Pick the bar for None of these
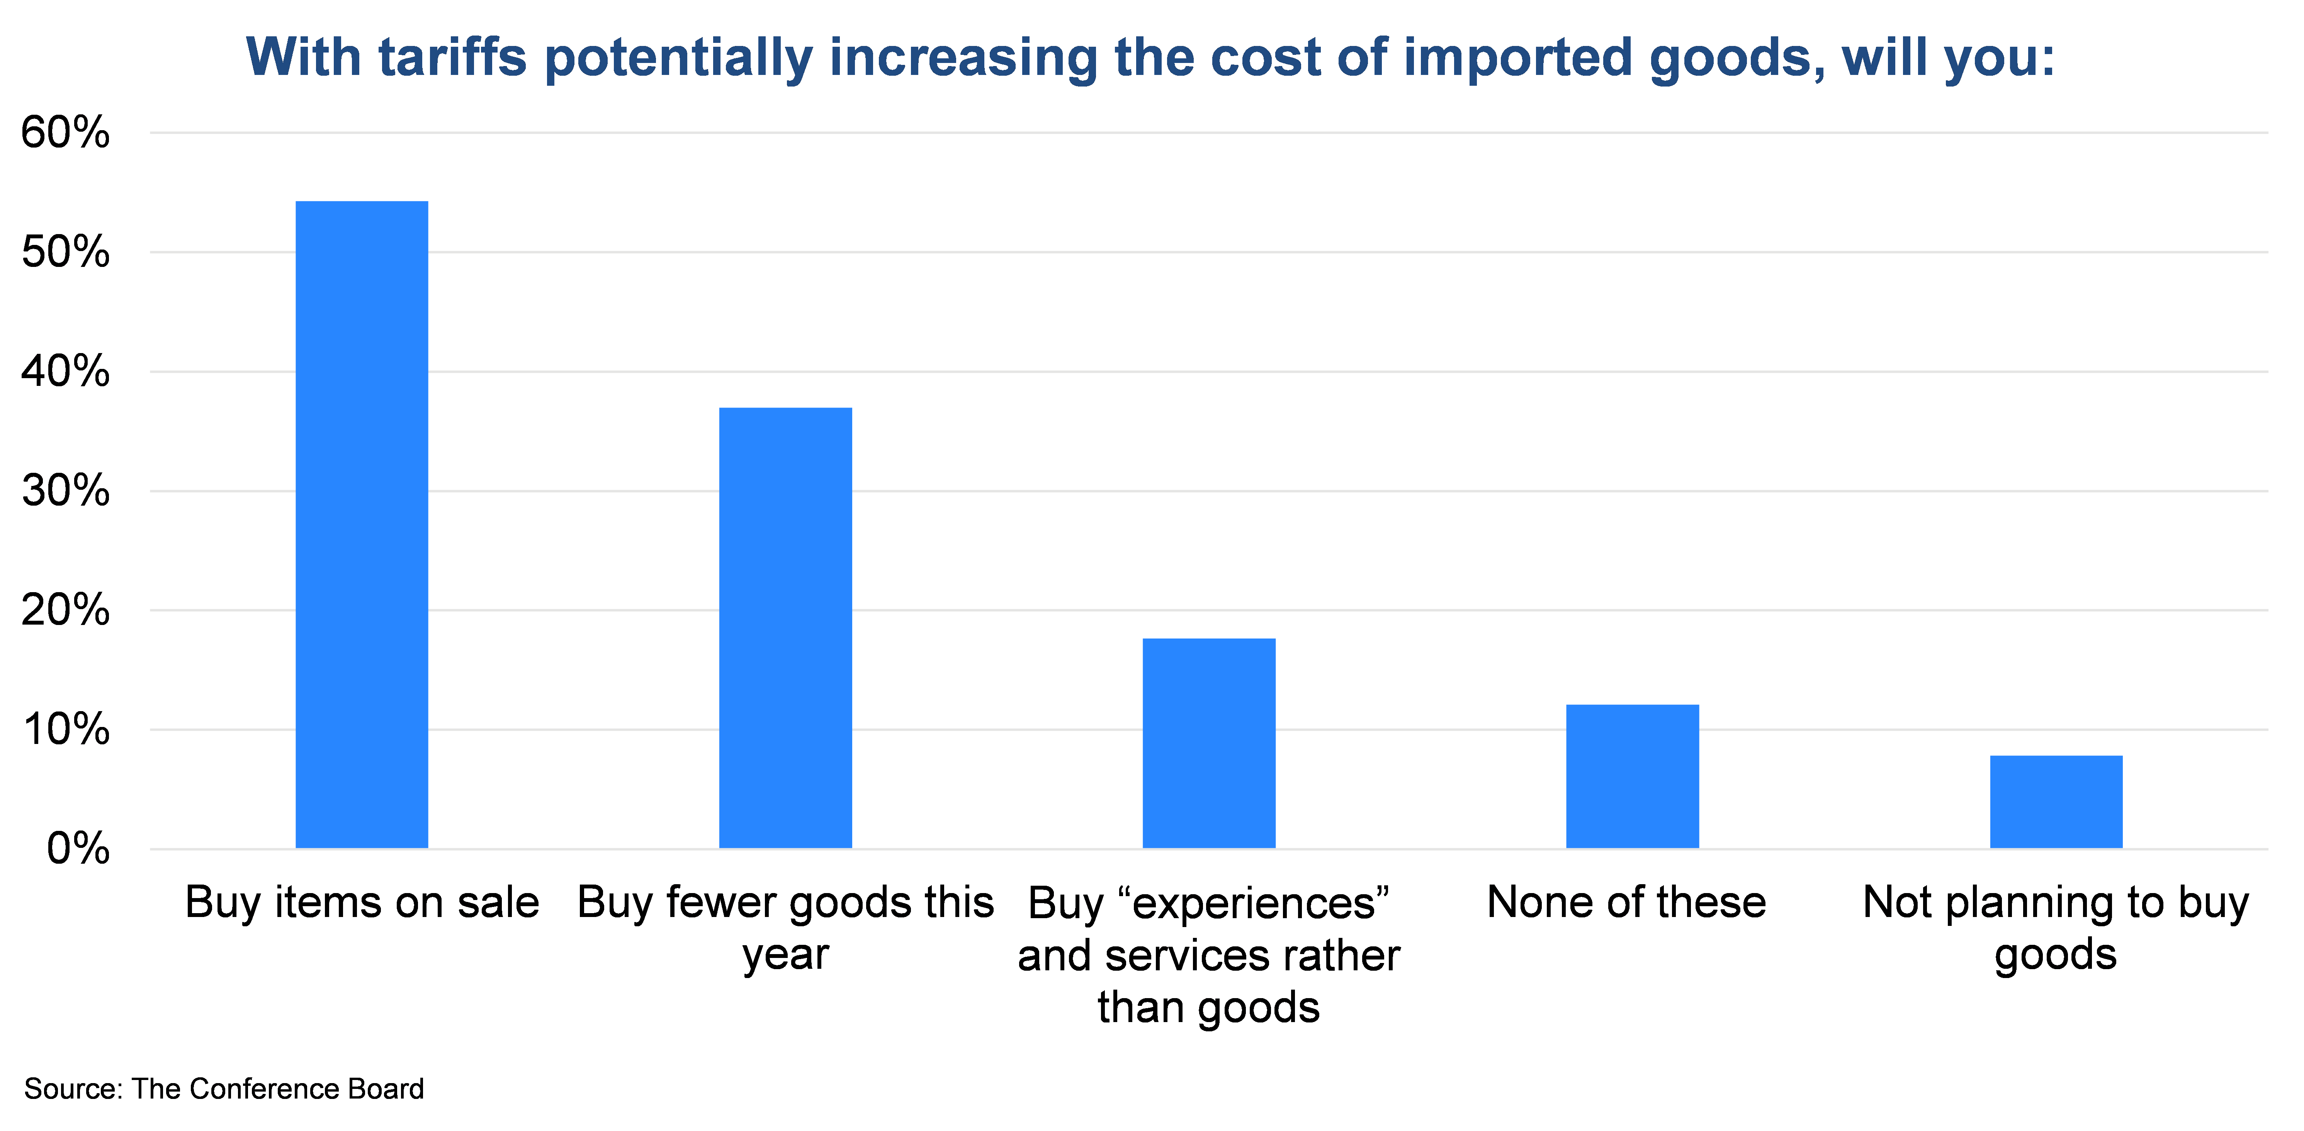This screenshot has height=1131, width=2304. point(1632,776)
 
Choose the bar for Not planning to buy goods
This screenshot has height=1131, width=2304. point(2055,802)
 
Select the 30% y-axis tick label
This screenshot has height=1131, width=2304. point(65,491)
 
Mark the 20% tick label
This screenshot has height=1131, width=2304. point(65,611)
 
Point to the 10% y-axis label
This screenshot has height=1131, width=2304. point(65,730)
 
